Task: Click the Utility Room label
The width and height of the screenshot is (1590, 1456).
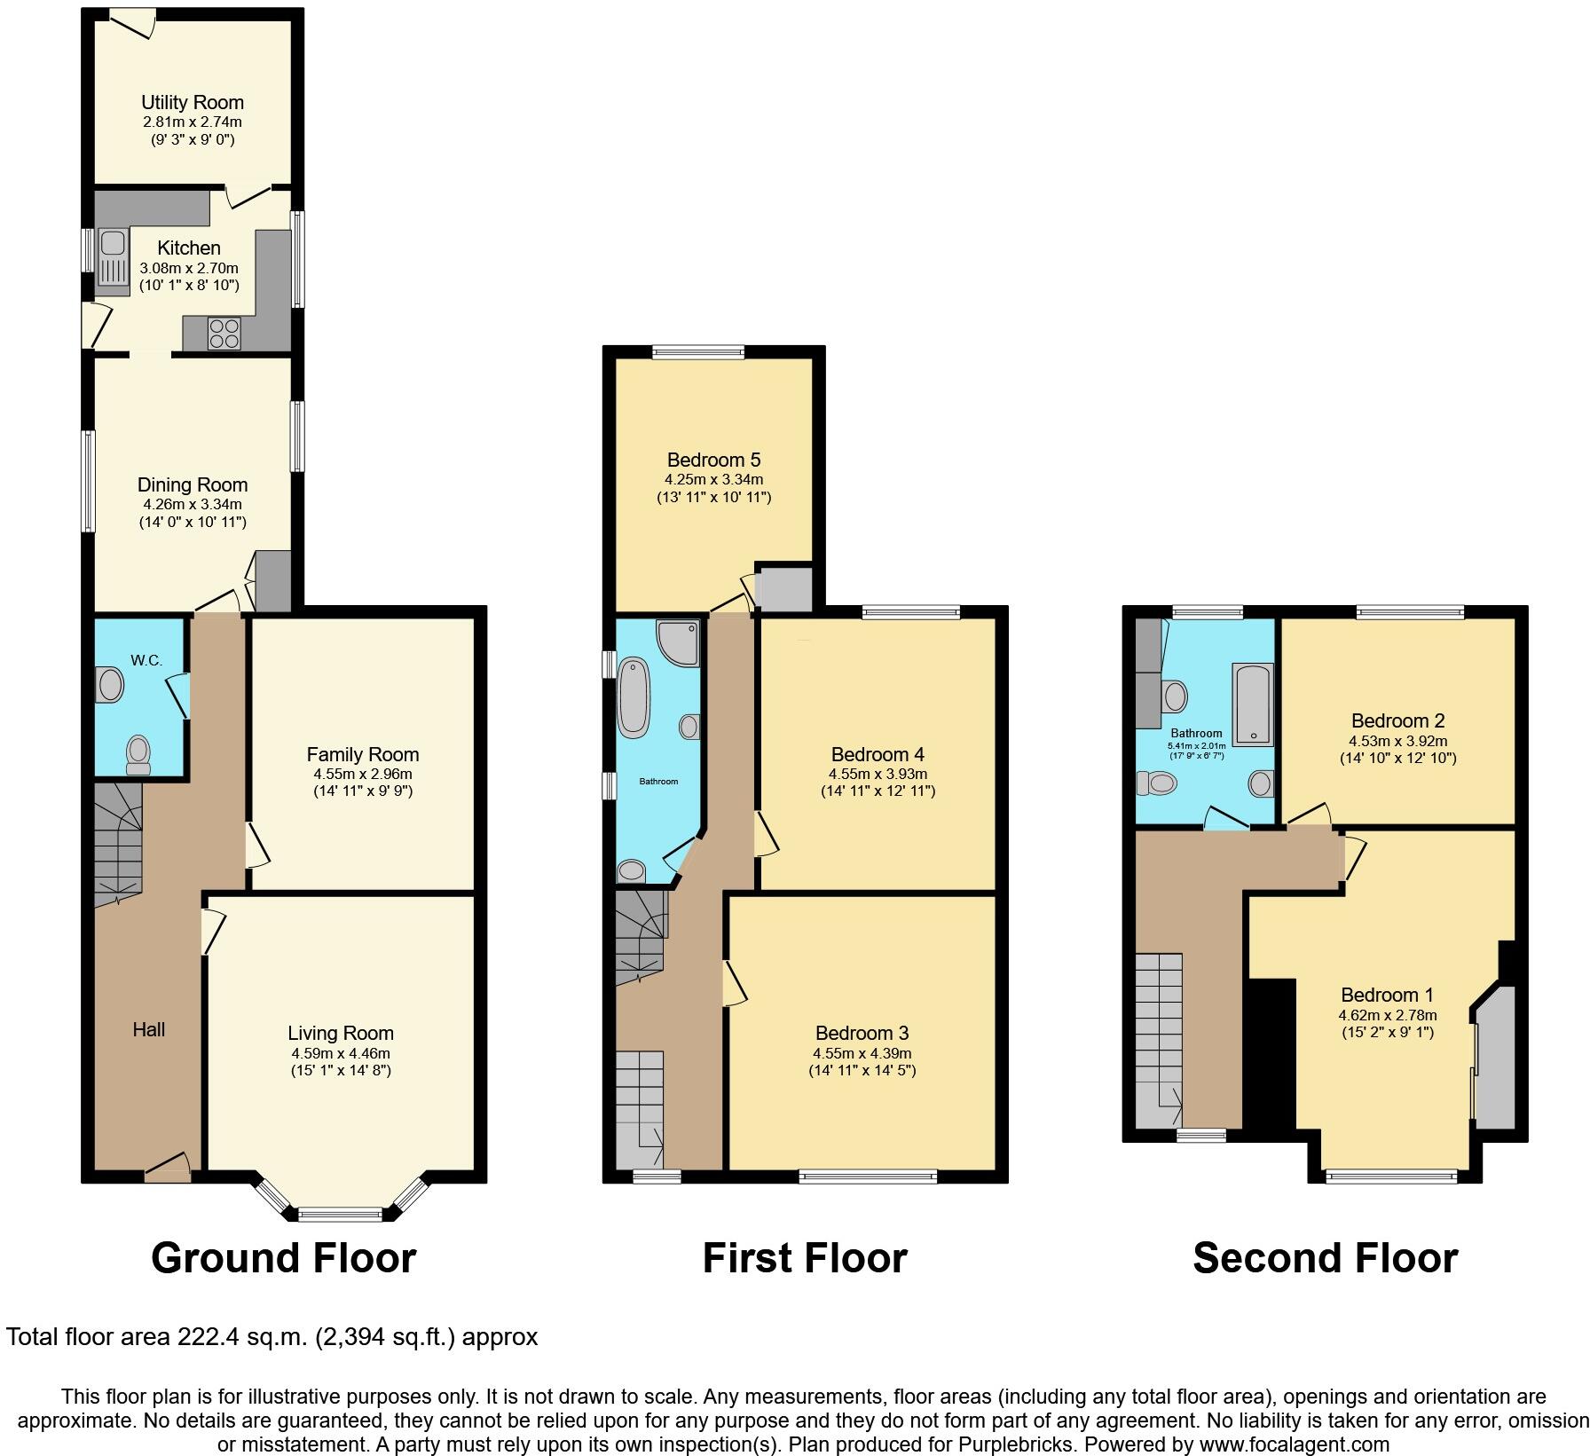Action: tap(193, 102)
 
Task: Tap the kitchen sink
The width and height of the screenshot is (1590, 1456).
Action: tap(113, 256)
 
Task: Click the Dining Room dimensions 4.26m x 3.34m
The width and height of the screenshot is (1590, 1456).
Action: tap(193, 504)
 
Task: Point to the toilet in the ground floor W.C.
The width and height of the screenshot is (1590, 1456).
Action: tap(138, 756)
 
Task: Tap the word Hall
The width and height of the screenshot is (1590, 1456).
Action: tap(149, 1029)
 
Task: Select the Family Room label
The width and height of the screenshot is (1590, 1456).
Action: tap(362, 754)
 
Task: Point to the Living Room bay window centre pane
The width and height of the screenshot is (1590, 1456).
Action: tap(341, 1213)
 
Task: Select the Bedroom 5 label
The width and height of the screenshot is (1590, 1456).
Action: tap(713, 460)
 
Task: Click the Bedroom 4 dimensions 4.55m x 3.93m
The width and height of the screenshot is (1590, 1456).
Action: tap(878, 774)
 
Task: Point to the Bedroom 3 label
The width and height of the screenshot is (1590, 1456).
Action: tap(862, 1033)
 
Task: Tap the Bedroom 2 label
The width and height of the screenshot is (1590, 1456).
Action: tap(1397, 720)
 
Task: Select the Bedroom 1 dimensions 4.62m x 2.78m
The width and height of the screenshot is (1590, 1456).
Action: tap(1387, 1015)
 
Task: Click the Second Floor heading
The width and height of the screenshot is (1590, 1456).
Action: tap(1324, 1258)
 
